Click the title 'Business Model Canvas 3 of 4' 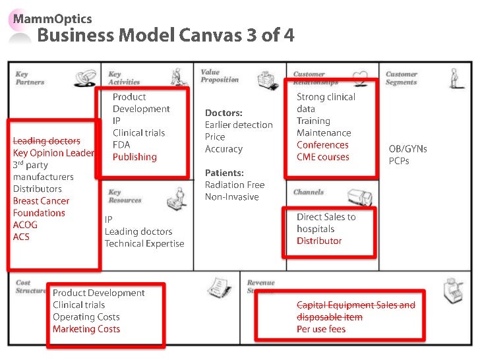coord(165,36)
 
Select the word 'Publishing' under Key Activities coord(135,157)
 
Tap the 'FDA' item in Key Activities coord(121,145)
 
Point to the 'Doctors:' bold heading coord(224,113)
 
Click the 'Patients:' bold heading coord(225,173)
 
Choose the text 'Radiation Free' coord(234,185)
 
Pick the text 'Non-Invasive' coord(231,196)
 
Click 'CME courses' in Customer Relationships coord(322,157)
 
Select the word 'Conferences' coord(322,145)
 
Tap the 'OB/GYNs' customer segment coord(407,148)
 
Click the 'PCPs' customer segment coord(399,160)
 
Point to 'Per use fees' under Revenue coord(320,329)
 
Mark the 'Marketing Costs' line coord(86,329)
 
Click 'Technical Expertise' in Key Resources coord(144,244)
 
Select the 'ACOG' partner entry coord(25,225)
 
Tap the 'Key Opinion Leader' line coord(53,153)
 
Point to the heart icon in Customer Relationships coord(360,79)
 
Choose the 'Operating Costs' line coord(86,317)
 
